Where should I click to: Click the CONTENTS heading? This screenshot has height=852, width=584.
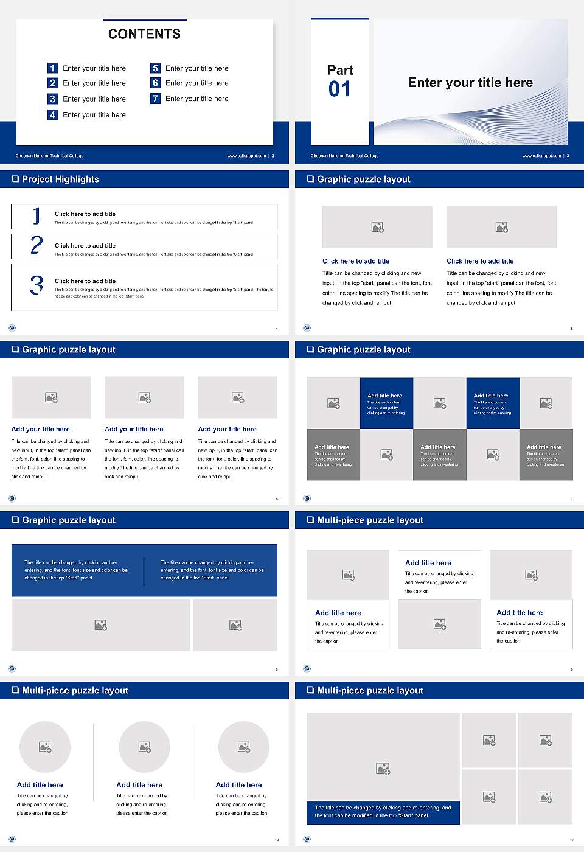tap(144, 34)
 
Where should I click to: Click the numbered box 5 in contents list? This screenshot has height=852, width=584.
tap(155, 68)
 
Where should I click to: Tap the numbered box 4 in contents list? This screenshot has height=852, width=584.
tap(52, 114)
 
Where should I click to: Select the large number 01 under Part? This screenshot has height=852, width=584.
tap(339, 89)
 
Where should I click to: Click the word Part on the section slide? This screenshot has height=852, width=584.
tap(340, 70)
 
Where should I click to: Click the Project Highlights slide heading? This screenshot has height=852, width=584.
tap(60, 179)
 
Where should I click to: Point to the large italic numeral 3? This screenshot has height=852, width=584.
tap(36, 285)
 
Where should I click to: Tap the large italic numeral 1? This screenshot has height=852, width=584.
tap(36, 215)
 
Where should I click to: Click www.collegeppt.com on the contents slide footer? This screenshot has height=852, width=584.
tap(246, 156)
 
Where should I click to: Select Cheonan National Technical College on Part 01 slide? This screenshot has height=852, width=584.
tap(344, 156)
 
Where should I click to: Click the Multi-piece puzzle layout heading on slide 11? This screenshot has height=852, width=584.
tap(370, 690)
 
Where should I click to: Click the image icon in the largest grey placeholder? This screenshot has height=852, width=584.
tap(383, 769)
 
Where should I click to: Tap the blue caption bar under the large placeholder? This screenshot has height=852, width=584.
tap(383, 812)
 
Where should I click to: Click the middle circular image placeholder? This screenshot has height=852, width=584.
tap(144, 747)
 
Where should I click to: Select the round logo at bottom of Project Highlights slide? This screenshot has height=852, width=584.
tap(12, 328)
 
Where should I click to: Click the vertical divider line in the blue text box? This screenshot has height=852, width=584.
tap(144, 571)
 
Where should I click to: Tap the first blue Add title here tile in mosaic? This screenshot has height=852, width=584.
tap(386, 403)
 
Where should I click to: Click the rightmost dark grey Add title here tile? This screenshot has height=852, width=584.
tap(546, 455)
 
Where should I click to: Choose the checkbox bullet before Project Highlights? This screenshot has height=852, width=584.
tap(15, 179)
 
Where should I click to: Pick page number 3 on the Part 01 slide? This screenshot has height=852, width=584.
tap(568, 156)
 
